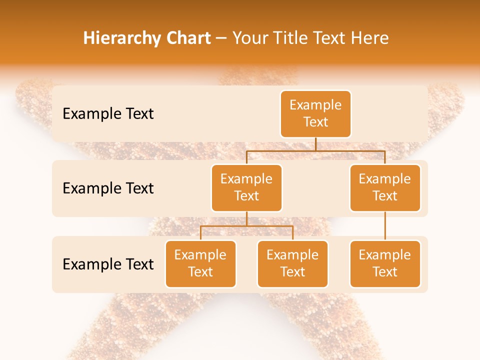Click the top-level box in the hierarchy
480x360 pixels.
tap(315, 114)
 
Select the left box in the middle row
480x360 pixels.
tap(246, 188)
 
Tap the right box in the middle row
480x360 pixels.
tap(385, 188)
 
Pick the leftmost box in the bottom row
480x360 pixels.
tap(200, 264)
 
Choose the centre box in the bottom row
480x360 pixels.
tap(292, 264)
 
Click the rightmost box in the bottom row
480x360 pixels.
tap(385, 264)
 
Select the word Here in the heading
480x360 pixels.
tap(370, 38)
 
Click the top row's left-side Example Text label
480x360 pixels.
tap(108, 114)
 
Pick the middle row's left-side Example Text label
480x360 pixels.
tap(108, 188)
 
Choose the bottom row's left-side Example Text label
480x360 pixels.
tap(108, 264)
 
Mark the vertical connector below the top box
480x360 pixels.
tap(315, 144)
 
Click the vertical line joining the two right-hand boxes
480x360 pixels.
tap(385, 226)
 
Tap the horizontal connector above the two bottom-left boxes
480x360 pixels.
tap(246, 226)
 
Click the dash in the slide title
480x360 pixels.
tap(221, 38)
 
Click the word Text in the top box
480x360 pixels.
tap(315, 122)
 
